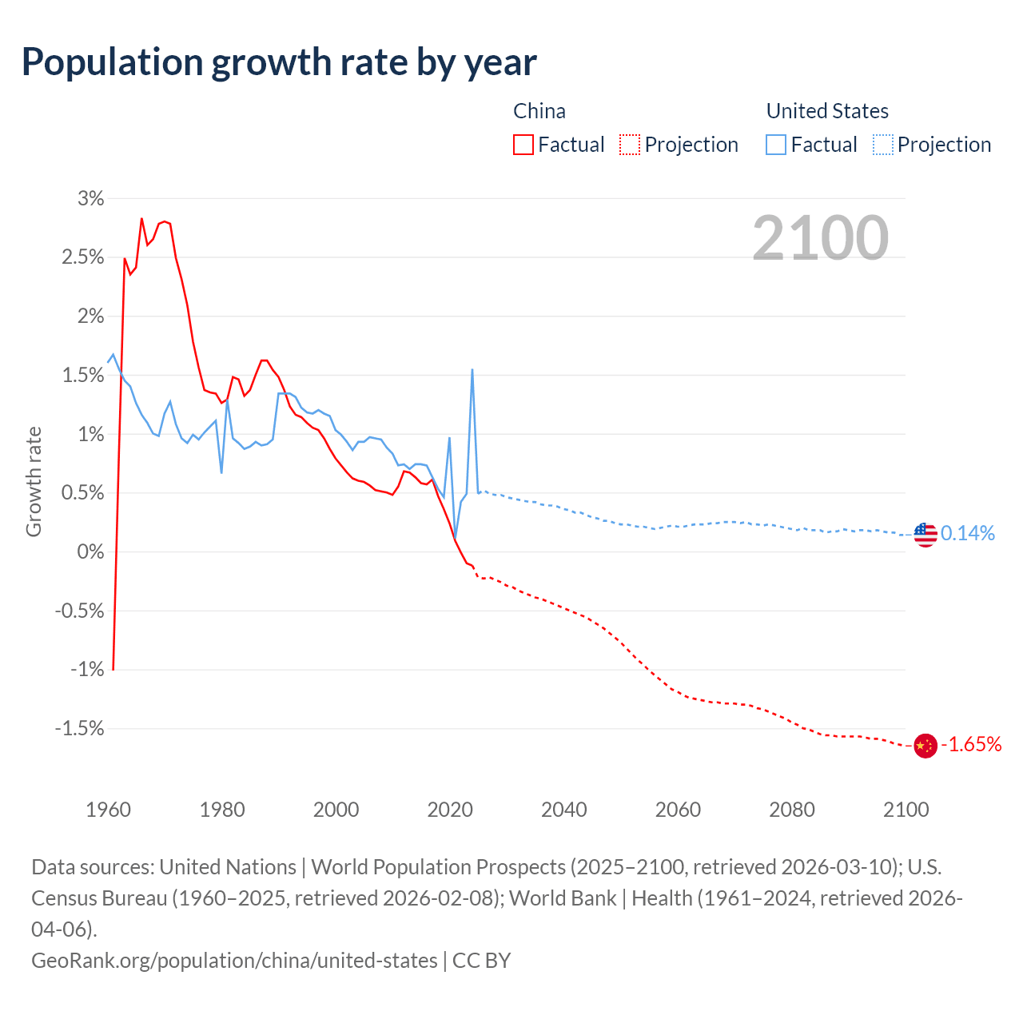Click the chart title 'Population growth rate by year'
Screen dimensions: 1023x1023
tap(279, 62)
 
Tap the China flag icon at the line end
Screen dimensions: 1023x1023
tap(925, 746)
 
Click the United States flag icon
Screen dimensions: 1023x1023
tap(925, 534)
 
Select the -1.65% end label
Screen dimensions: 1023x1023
tap(971, 745)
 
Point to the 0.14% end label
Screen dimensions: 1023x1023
tap(968, 533)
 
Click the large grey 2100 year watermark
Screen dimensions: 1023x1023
tap(820, 238)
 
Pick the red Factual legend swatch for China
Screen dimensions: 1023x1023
tap(523, 145)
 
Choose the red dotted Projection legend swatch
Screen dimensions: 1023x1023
tap(630, 145)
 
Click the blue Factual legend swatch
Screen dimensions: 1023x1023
tap(776, 145)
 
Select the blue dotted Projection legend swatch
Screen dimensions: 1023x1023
tap(883, 145)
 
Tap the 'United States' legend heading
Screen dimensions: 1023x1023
tap(827, 111)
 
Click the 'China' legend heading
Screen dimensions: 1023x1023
tap(539, 111)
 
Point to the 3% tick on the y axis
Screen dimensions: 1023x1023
tap(91, 198)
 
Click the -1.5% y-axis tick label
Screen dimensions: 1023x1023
tap(80, 728)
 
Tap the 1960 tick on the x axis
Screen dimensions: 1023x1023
tap(108, 810)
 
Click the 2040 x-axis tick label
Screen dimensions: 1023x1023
tap(564, 810)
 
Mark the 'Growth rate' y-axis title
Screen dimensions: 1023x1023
tap(34, 482)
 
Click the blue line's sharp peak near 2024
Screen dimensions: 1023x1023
tap(472, 370)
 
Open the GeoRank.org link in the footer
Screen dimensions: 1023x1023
tap(234, 960)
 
